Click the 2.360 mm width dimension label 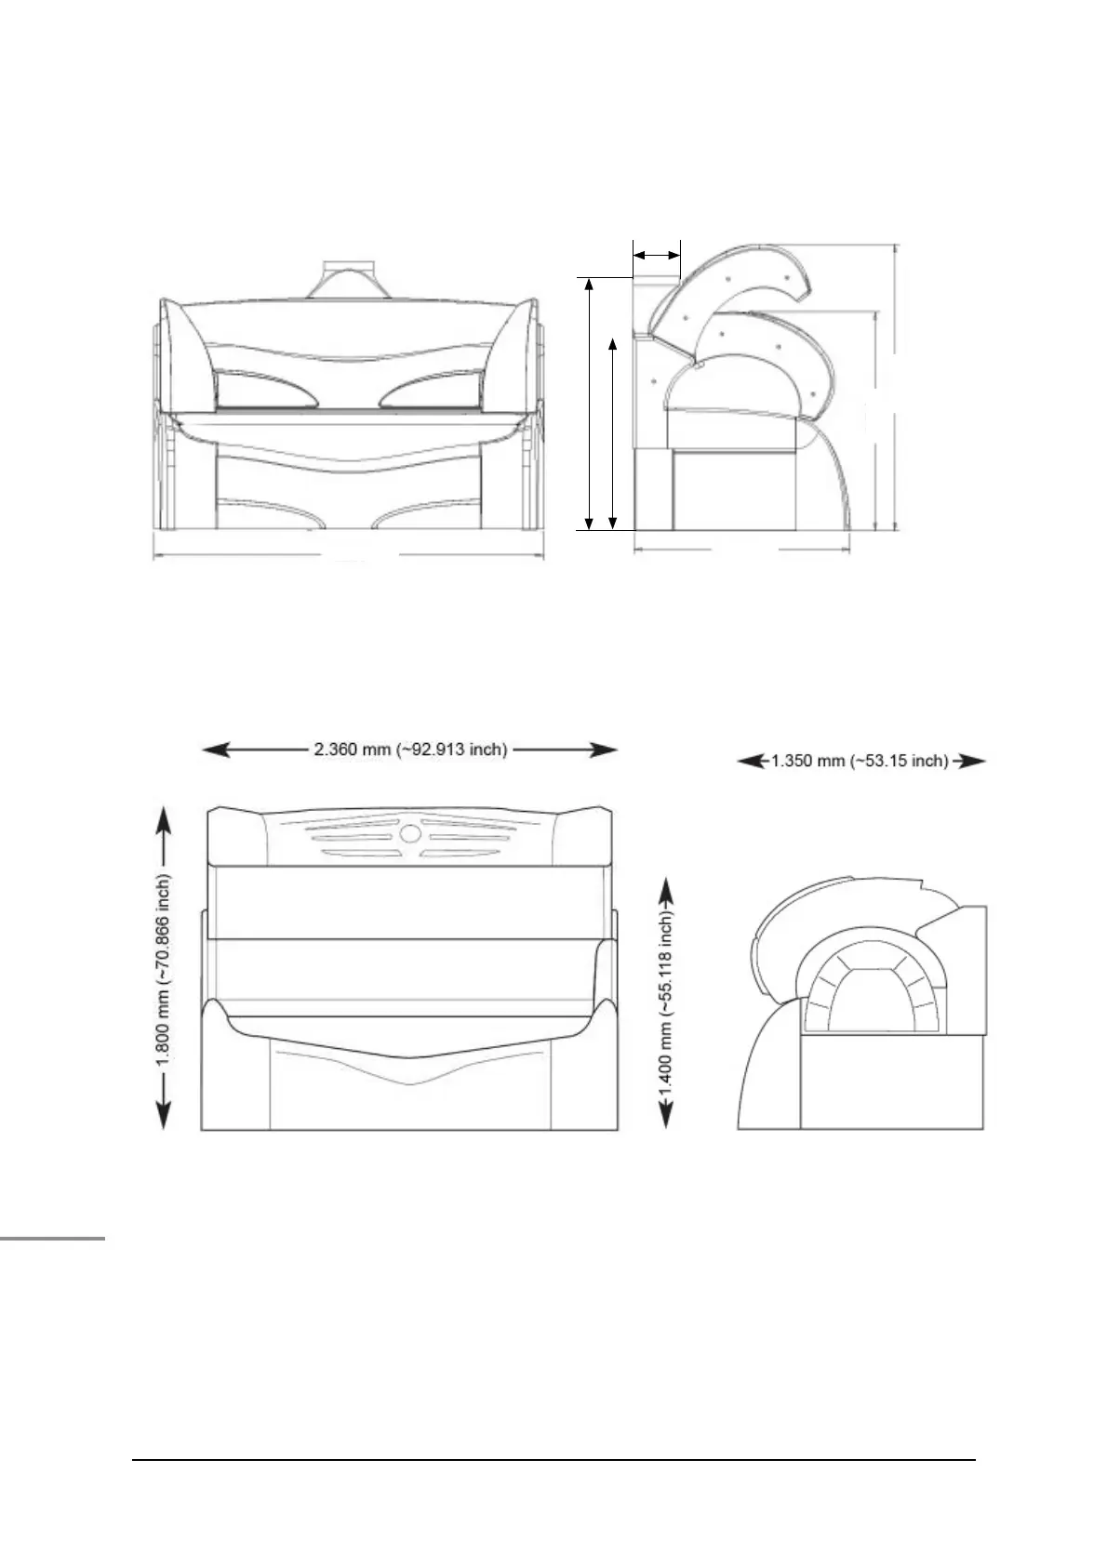click(409, 750)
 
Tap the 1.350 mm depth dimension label click(860, 762)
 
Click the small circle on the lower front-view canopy click(410, 834)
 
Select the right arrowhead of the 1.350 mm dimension click(972, 762)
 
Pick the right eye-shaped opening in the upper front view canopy click(432, 389)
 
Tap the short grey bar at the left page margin click(52, 1239)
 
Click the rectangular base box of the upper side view click(735, 488)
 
